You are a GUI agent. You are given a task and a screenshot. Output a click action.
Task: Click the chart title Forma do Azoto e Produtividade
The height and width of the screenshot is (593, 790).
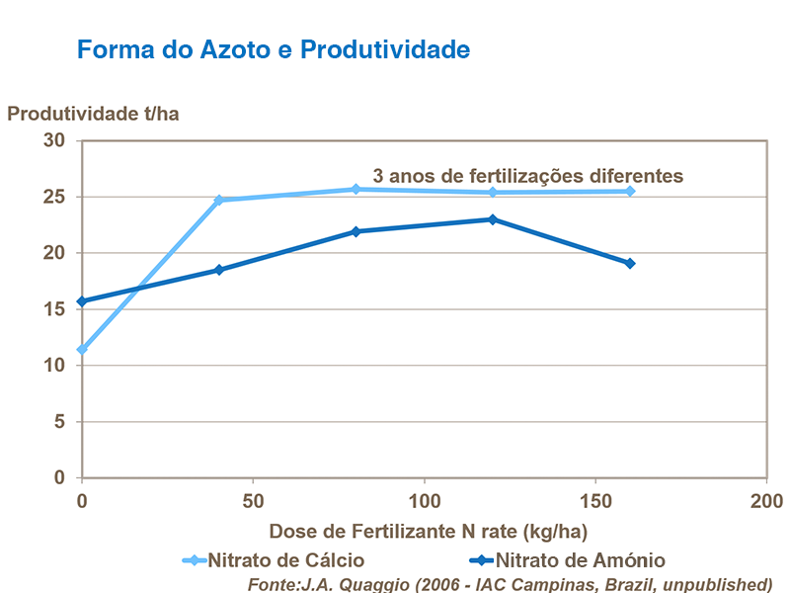tap(273, 49)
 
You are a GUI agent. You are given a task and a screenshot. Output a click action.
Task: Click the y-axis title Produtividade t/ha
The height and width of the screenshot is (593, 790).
tap(93, 113)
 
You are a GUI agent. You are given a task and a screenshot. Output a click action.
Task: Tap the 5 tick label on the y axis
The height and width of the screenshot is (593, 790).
tap(58, 422)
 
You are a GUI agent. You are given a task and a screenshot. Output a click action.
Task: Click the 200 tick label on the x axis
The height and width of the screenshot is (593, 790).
tap(766, 498)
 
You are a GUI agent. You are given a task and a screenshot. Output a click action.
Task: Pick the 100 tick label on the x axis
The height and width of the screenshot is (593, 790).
tap(425, 498)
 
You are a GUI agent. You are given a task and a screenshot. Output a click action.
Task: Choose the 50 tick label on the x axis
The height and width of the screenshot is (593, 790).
tap(253, 498)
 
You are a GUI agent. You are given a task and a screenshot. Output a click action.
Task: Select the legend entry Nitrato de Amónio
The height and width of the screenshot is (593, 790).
tap(579, 560)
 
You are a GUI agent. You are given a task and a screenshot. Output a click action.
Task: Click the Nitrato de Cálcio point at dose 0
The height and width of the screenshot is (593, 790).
tap(82, 350)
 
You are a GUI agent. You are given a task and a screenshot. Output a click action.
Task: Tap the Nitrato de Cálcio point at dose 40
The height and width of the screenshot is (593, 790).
tap(219, 200)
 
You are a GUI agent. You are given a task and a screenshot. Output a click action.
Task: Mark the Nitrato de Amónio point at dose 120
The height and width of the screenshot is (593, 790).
tap(493, 219)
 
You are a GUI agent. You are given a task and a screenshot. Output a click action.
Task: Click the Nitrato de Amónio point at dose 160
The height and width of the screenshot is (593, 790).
tap(630, 264)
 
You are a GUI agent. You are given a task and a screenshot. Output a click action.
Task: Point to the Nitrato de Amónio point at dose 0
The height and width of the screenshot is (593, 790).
tap(82, 301)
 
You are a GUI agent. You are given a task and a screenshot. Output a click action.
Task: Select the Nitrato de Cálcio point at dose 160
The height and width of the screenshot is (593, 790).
tap(630, 191)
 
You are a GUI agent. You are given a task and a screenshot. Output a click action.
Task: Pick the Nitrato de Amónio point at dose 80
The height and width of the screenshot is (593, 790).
tap(356, 231)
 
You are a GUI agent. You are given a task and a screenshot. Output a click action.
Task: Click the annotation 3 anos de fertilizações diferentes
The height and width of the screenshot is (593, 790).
tap(527, 175)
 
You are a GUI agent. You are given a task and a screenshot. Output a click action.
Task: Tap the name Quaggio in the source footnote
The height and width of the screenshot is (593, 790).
tap(367, 583)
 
